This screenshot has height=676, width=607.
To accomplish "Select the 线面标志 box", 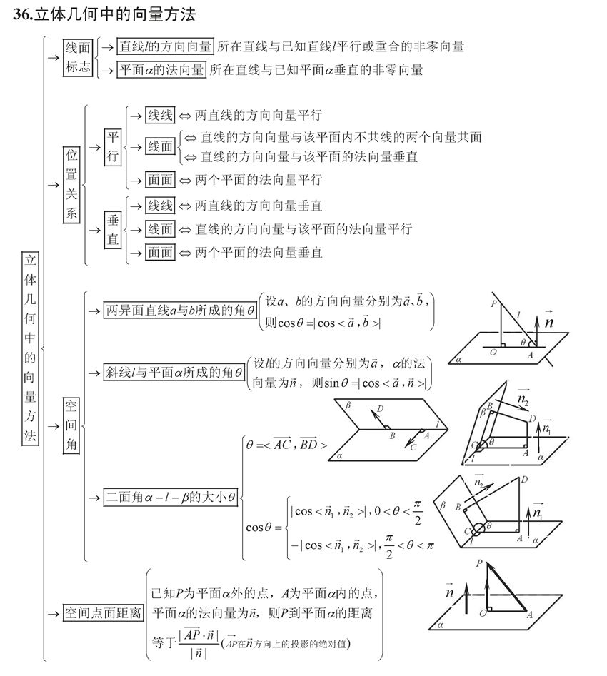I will pyautogui.click(x=78, y=58).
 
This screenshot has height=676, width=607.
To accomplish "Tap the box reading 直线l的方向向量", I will pyautogui.click(x=165, y=47).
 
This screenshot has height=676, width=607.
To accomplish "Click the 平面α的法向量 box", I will pyautogui.click(x=162, y=70).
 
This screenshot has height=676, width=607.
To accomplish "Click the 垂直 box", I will pyautogui.click(x=113, y=230).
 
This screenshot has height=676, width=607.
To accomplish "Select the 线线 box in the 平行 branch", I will pyautogui.click(x=160, y=115).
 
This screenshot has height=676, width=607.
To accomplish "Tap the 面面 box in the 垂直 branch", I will pyautogui.click(x=160, y=252).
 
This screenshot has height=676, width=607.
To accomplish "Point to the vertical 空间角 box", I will pyautogui.click(x=71, y=426).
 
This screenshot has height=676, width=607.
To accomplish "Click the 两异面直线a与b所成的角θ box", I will pyautogui.click(x=180, y=311).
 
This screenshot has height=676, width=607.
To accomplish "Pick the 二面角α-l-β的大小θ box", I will pyautogui.click(x=171, y=498).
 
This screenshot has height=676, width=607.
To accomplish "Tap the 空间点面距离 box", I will pyautogui.click(x=103, y=613).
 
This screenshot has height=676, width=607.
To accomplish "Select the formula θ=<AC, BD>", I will pyautogui.click(x=286, y=445).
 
